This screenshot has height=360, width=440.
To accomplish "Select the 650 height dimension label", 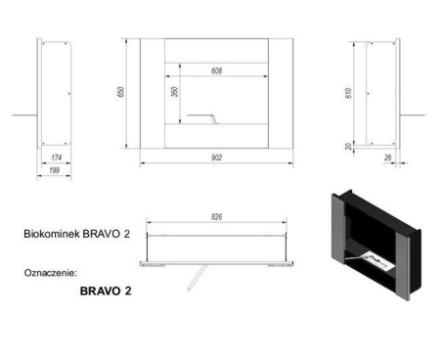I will (122, 92).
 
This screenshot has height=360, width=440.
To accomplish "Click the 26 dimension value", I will (389, 157).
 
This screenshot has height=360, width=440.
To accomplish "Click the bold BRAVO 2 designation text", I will (105, 291).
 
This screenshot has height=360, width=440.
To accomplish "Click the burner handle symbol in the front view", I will (200, 117).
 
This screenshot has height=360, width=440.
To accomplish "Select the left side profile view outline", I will (56, 93).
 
